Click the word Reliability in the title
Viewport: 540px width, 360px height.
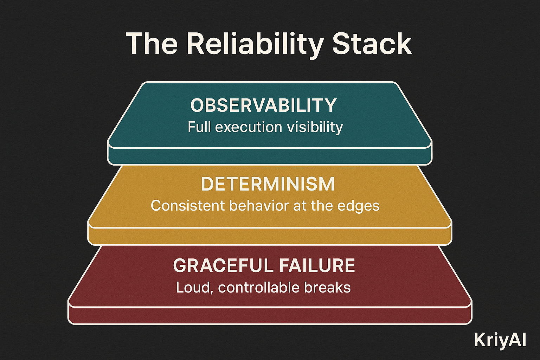(x=255, y=44)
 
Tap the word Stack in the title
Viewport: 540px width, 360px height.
(x=372, y=44)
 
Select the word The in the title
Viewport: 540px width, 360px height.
(x=152, y=44)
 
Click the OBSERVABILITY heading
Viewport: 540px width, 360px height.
(x=264, y=105)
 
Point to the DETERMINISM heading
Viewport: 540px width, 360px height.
(x=268, y=185)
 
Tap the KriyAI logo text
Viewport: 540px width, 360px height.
(x=500, y=340)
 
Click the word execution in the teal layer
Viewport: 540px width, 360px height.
(x=249, y=127)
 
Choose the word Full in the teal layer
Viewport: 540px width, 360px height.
(x=199, y=127)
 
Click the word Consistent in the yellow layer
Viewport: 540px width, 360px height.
(x=188, y=206)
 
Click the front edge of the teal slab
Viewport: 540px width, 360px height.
(x=270, y=156)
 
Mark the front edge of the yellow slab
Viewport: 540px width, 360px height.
(x=270, y=236)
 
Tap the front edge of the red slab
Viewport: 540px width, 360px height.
(x=270, y=316)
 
